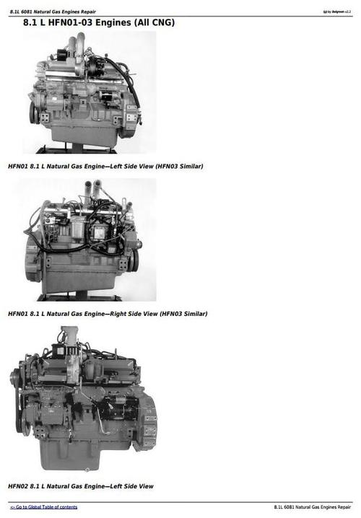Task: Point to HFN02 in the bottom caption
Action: [x=18, y=486]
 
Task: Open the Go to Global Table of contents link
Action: [x=43, y=507]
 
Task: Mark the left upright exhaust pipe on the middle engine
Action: [x=87, y=193]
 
